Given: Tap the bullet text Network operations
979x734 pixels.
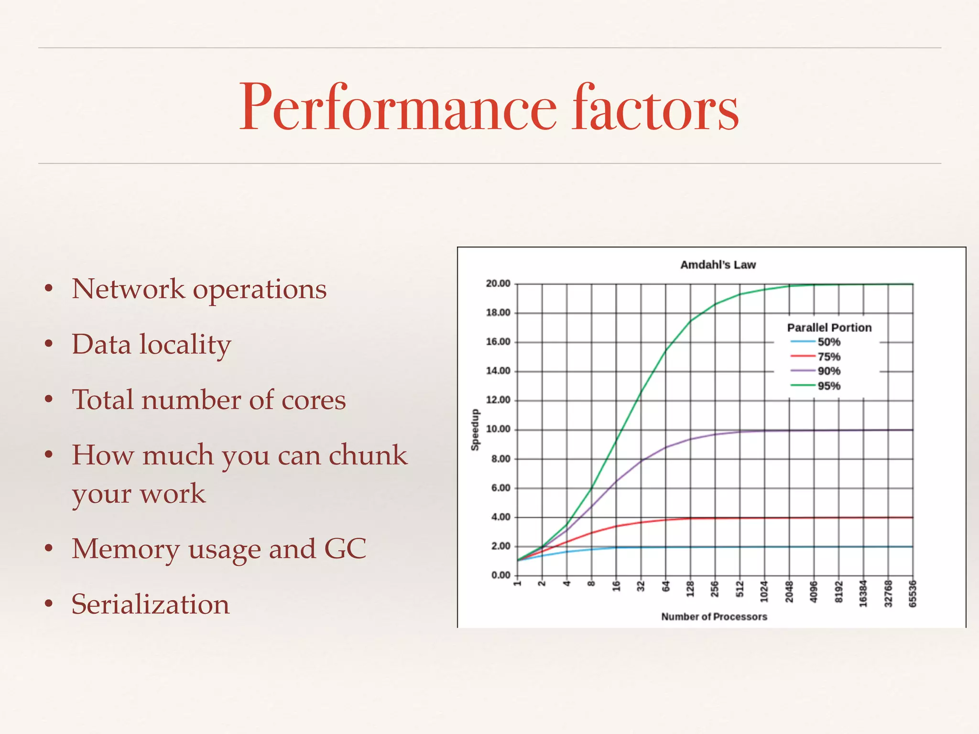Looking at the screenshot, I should [x=199, y=289].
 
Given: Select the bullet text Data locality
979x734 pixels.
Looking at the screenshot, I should [x=151, y=345].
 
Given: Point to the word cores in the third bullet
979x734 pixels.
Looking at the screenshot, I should [x=314, y=400].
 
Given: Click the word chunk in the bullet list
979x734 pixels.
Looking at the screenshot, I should [x=367, y=455].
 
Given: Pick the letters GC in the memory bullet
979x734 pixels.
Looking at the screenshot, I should [x=345, y=549].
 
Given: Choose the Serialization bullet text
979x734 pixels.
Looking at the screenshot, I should [x=151, y=604].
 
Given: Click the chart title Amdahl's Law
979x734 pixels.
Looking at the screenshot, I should [x=718, y=265].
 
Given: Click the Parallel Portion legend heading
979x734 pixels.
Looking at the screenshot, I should [x=829, y=328].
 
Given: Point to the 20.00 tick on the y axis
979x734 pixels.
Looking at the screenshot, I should [x=498, y=284].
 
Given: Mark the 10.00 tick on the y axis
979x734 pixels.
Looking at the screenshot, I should [x=498, y=429].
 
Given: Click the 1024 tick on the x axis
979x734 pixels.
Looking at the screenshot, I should [x=764, y=592].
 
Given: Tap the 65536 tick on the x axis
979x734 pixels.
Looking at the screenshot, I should [x=913, y=594].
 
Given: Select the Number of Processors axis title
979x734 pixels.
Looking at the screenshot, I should [x=714, y=617].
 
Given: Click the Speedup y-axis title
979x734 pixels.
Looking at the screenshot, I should [x=475, y=430].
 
